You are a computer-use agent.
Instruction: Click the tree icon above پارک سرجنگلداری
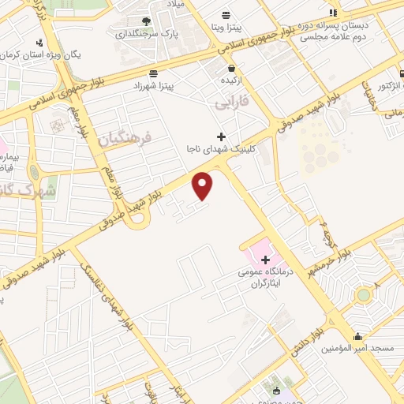click(146, 22)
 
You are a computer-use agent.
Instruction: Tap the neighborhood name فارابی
click(231, 102)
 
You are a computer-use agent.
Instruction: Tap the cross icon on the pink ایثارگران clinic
click(264, 259)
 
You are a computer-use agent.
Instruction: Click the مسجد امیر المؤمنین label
click(357, 348)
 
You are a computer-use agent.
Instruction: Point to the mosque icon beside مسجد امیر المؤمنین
click(357, 335)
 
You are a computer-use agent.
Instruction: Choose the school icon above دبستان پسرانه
click(332, 13)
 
